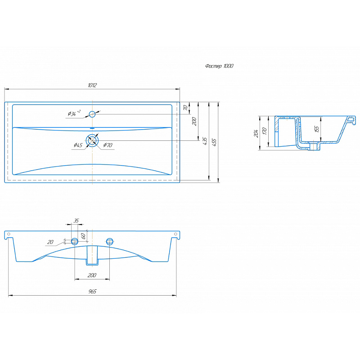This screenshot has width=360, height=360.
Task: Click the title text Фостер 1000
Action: coord(219,66)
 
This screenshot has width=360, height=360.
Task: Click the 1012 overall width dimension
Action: coord(92,85)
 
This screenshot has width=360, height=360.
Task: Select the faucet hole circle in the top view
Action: coord(92,114)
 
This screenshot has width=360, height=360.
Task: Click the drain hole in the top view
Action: coord(92,140)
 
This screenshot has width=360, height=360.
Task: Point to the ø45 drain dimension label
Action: coord(78,145)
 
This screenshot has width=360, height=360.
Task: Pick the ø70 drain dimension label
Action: coord(108,145)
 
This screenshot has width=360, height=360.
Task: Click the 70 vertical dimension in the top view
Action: coord(185,108)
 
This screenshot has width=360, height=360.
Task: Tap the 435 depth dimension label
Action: coord(205,141)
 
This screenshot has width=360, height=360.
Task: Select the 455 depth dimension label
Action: coord(214,142)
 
